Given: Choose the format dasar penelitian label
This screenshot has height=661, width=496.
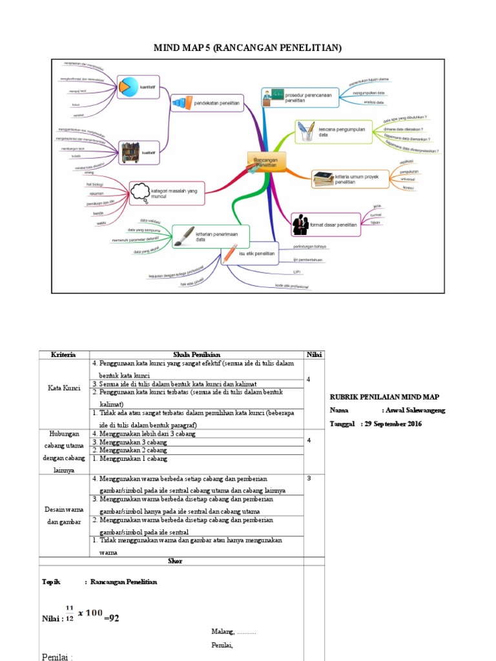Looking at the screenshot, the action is click(333, 225).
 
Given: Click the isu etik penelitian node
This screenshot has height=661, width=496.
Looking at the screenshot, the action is click(257, 254).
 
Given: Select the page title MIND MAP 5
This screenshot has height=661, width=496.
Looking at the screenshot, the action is click(247, 48).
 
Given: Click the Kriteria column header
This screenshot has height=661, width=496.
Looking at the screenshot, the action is click(63, 354).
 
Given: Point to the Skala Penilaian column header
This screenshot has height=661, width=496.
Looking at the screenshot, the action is click(197, 354).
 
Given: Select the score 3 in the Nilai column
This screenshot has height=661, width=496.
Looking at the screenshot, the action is click(309, 478).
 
